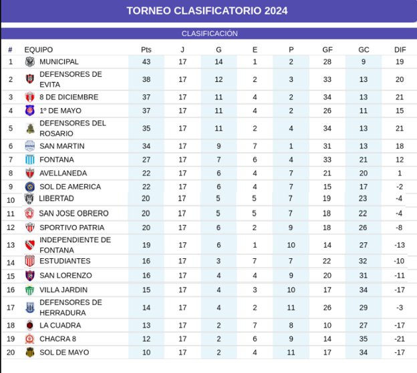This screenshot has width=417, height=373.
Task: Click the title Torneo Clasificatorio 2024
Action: coord(207,11)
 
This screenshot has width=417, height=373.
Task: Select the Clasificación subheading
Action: coord(210,34)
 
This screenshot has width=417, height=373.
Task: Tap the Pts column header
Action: coord(146,49)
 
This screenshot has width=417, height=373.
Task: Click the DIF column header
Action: coord(400,49)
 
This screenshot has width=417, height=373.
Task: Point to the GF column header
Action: coord(327,49)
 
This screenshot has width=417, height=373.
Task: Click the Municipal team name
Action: coord(59,62)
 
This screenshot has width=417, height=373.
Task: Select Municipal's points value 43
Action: coord(146,62)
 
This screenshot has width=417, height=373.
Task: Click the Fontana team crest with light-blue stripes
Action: coord(30,159)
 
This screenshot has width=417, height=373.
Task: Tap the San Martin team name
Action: coord(62,146)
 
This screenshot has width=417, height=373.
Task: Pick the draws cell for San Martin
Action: coord(255,146)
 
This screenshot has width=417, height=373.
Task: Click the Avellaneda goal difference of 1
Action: coord(400,173)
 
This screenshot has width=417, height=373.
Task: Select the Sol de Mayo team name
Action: coord(64,352)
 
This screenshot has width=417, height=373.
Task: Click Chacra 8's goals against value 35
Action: coord(364,339)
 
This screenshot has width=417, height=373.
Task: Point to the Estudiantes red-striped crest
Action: coord(30,261)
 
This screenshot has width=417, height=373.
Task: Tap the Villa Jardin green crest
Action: coord(30,290)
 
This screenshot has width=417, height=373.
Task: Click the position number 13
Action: coord(11,245)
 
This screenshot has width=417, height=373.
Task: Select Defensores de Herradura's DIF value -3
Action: coord(400,308)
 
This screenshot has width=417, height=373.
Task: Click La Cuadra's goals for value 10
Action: coord(327,325)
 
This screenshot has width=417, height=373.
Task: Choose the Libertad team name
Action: coord(56,198)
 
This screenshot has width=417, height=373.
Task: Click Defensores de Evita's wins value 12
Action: coord(219,79)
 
